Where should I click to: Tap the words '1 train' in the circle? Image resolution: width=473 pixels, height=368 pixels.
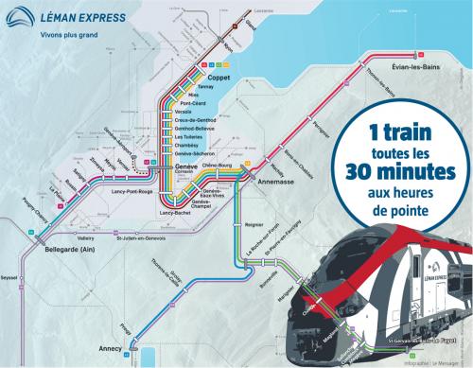pos(406,126)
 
